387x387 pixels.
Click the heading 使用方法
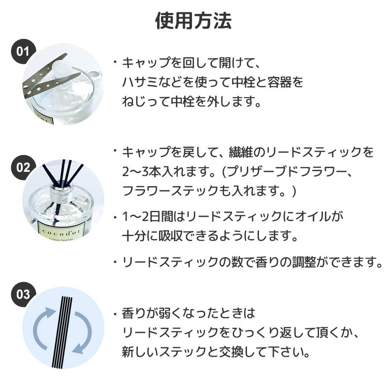point(193,21)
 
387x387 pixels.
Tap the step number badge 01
point(23,51)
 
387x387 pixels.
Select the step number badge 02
point(23,167)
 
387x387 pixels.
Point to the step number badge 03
point(23,294)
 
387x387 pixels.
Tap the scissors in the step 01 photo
point(51,76)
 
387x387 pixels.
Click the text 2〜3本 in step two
point(141,172)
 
